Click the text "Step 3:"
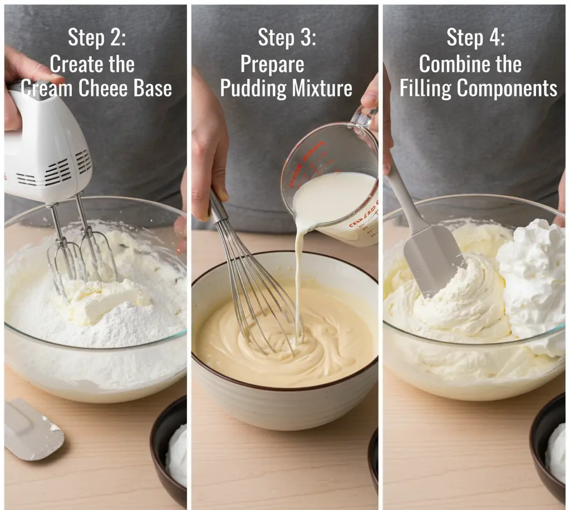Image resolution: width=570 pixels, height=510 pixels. [x=287, y=37]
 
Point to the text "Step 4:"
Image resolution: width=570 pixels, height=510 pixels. [x=475, y=37]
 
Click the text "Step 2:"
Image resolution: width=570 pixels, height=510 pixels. [x=97, y=37]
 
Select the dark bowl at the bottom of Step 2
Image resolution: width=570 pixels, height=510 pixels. [x=169, y=451]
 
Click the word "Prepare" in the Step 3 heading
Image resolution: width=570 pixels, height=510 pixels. [x=272, y=64]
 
